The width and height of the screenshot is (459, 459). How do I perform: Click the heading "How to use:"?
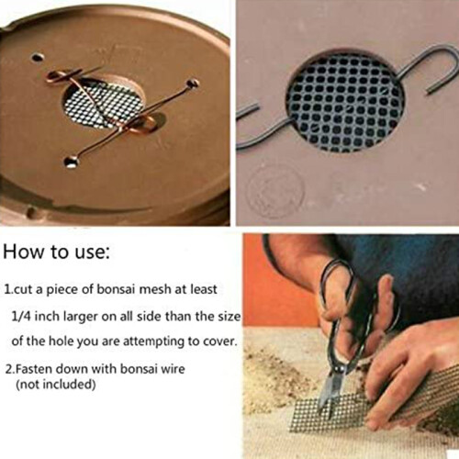(56, 252)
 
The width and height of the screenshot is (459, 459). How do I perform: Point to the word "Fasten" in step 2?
(33, 369)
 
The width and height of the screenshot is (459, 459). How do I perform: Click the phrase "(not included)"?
(56, 384)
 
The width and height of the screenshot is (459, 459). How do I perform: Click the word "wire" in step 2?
(173, 369)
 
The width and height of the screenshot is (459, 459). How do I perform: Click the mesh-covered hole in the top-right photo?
(345, 101)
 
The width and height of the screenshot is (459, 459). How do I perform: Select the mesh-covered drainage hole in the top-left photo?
(103, 101)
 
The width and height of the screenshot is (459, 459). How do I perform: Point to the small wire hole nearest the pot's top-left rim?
(38, 57)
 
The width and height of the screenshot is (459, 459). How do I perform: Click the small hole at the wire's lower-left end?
(71, 162)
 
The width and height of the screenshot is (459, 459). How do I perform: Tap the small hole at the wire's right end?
(193, 84)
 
